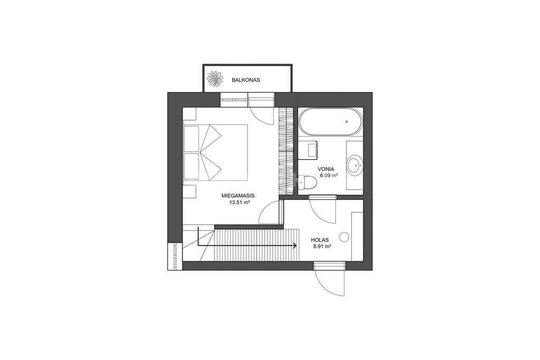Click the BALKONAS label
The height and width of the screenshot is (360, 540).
pyautogui.click(x=246, y=80)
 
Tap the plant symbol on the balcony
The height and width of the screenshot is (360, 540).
pyautogui.click(x=215, y=79)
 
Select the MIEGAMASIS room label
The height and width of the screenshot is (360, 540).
pyautogui.click(x=238, y=196)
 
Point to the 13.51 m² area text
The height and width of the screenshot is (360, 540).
pyautogui.click(x=239, y=203)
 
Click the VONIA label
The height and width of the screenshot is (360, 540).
pyautogui.click(x=326, y=169)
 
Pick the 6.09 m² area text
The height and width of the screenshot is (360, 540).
pyautogui.click(x=329, y=175)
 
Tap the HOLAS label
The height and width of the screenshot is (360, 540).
pyautogui.click(x=320, y=240)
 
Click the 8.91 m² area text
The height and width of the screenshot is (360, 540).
pyautogui.click(x=322, y=247)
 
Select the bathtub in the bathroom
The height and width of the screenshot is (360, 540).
pyautogui.click(x=331, y=121)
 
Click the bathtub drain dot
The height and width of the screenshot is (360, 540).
pyautogui.click(x=346, y=121)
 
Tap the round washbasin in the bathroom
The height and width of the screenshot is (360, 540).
pyautogui.click(x=354, y=166)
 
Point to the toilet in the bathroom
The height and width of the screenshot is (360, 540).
pyautogui.click(x=307, y=182)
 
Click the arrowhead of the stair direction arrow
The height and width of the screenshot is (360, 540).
pyautogui.click(x=295, y=246)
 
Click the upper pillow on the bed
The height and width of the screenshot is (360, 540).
pyautogui.click(x=191, y=139)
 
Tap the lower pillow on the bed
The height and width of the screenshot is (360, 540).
pyautogui.click(x=191, y=166)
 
